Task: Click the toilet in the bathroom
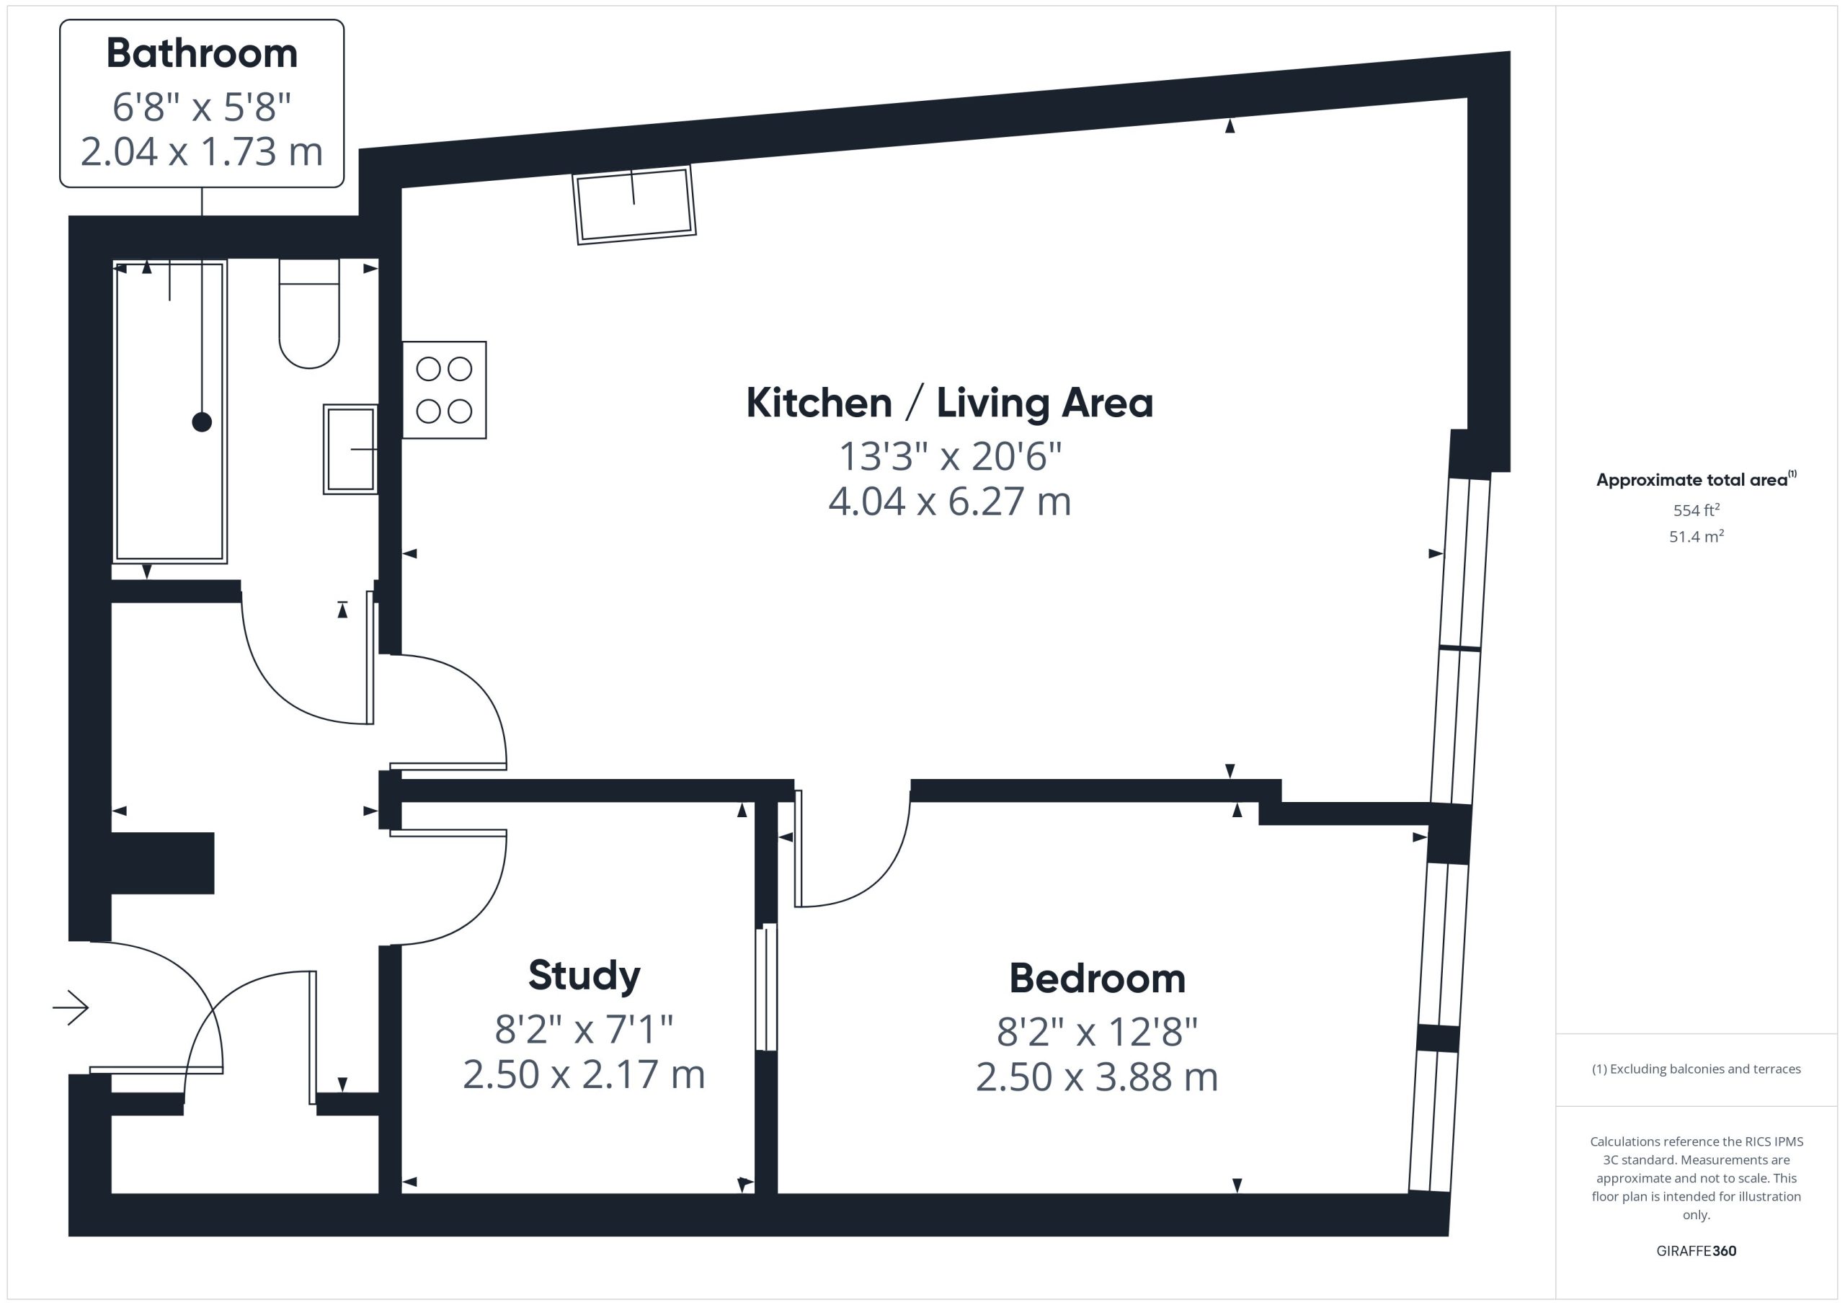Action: pos(308,313)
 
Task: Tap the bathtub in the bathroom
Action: pos(169,411)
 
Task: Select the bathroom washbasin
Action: pos(350,449)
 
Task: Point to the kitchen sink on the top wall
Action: pos(634,204)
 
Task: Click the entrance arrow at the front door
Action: pos(71,1007)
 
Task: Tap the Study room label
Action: pos(584,976)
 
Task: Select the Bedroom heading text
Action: pos(1097,979)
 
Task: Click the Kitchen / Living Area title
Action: pos(949,403)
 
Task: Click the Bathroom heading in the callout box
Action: pos(202,53)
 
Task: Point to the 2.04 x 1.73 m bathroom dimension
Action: pos(202,152)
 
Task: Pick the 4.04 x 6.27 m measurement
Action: pos(950,502)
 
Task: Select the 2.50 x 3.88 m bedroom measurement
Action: pos(1097,1077)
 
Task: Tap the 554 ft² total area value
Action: pos(1697,510)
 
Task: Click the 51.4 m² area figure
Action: pos(1697,536)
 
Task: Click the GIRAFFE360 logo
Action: pos(1697,1251)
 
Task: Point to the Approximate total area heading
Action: pos(1697,480)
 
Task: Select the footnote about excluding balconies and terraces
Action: pos(1697,1069)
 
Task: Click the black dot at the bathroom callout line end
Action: pos(202,422)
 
